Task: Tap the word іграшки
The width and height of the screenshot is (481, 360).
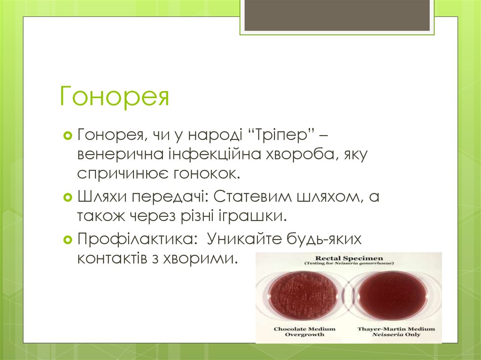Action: coord(256,216)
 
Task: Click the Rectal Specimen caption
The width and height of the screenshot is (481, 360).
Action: coord(349,258)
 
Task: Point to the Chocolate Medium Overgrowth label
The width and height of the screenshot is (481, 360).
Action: coord(304,332)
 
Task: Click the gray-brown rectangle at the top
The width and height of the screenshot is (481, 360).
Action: coord(337,15)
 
